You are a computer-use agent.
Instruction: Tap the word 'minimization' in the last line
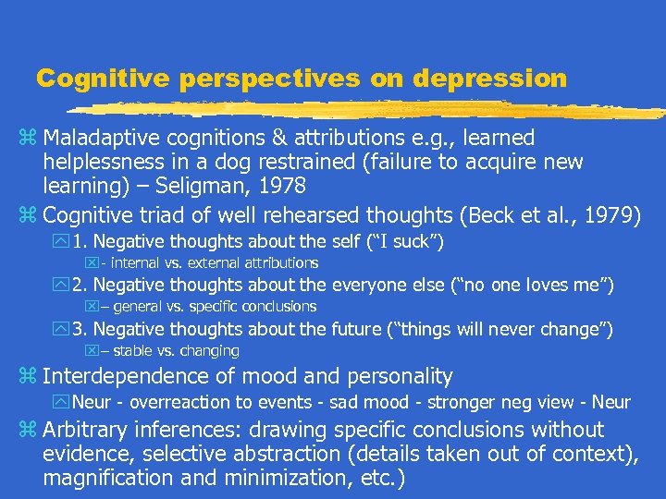[278, 479]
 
